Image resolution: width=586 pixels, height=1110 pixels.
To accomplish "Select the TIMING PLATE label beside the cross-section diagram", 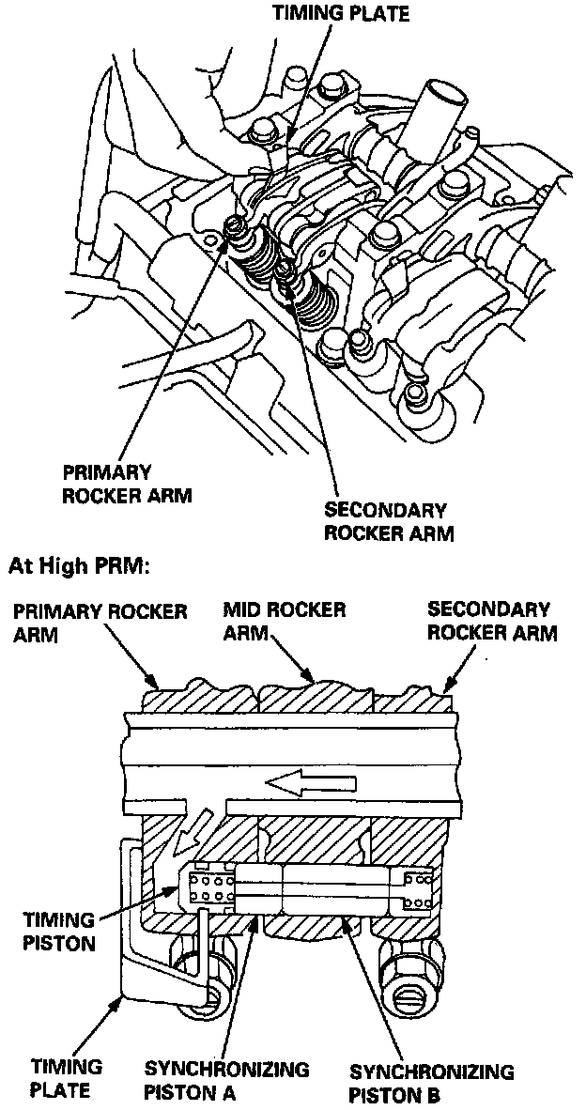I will click(61, 1078).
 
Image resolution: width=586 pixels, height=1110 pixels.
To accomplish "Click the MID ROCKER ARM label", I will click(284, 621).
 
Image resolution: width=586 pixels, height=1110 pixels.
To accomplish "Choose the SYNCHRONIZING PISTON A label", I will click(226, 1081).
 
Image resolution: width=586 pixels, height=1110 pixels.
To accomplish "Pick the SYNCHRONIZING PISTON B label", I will click(431, 1083).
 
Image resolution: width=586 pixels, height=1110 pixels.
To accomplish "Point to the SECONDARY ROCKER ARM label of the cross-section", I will click(491, 621).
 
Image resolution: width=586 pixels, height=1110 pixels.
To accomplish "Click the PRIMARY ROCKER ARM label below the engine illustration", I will click(126, 483).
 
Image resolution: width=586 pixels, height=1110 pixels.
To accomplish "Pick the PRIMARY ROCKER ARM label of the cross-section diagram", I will click(100, 622).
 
